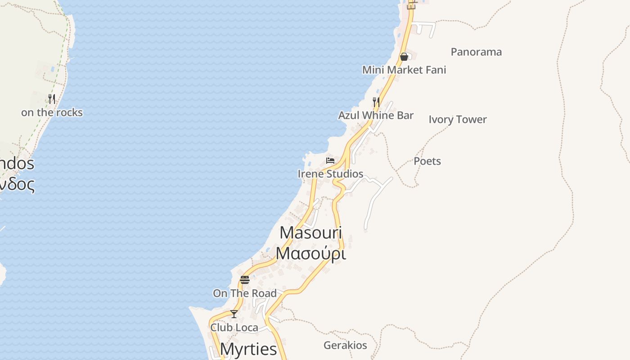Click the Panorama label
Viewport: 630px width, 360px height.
tap(476, 52)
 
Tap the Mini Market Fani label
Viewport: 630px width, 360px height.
tap(404, 70)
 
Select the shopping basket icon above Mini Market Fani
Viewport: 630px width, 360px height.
tap(404, 57)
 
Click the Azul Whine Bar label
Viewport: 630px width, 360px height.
tap(376, 116)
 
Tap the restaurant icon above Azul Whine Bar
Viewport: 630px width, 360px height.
tap(376, 102)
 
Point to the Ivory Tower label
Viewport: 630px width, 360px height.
tap(458, 120)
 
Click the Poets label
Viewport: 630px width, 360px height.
tap(427, 161)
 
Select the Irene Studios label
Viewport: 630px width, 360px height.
tap(330, 174)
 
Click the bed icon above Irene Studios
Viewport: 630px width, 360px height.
tap(330, 161)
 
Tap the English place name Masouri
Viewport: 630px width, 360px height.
tap(310, 233)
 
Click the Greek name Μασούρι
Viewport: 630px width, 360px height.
tap(310, 253)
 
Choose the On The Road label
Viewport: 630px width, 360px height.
tap(245, 293)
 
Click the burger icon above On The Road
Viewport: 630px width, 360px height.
tap(245, 280)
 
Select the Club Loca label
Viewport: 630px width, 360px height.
tap(234, 328)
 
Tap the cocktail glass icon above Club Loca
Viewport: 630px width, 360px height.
tap(234, 314)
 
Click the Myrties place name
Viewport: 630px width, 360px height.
tap(248, 349)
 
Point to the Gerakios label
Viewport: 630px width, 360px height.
tap(345, 346)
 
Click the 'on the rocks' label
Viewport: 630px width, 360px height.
tap(52, 112)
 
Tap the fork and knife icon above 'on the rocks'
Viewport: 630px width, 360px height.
tap(52, 99)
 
